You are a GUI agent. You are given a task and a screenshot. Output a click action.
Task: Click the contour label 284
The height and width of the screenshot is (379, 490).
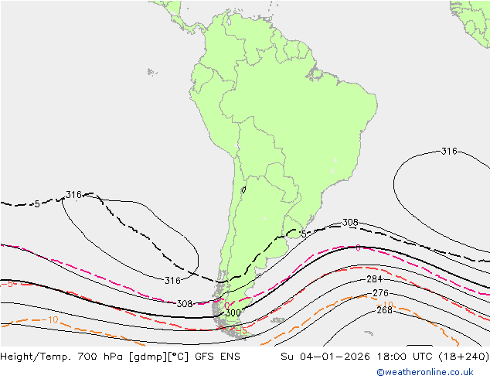click(x=374, y=279)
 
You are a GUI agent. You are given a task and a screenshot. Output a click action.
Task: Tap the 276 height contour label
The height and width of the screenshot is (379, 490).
click(x=380, y=293)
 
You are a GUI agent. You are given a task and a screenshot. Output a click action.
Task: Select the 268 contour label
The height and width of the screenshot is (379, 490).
click(x=384, y=311)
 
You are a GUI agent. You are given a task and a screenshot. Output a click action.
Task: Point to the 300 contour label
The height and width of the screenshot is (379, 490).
click(x=233, y=312)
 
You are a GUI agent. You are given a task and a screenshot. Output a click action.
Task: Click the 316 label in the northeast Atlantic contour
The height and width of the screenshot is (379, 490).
click(x=449, y=151)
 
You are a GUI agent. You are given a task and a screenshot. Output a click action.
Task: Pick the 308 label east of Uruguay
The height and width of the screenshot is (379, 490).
click(x=350, y=223)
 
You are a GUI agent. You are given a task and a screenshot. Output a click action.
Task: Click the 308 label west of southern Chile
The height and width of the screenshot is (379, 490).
click(x=185, y=304)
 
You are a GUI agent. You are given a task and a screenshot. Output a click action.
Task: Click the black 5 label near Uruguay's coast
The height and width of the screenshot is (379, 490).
click(x=304, y=234)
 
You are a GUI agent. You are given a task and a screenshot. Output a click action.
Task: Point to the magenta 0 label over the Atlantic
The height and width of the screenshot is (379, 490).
click(x=358, y=248)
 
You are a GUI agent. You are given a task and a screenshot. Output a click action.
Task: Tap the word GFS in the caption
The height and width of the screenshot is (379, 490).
click(x=205, y=357)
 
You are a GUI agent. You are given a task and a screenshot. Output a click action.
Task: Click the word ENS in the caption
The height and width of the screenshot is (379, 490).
click(x=230, y=357)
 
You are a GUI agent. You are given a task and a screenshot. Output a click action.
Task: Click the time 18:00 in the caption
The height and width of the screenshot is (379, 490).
click(x=373, y=357)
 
